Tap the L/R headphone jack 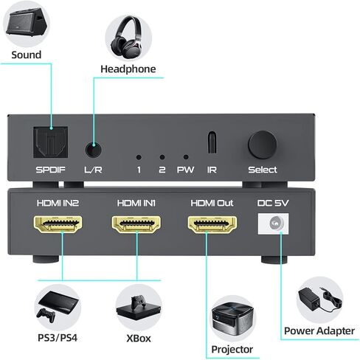click(92, 148)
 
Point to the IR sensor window click(212, 142)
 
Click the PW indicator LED click(185, 157)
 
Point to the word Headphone click(128, 69)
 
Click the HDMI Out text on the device click(212, 201)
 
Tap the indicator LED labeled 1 click(138, 157)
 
